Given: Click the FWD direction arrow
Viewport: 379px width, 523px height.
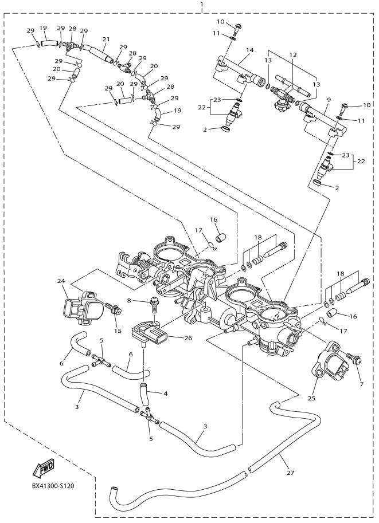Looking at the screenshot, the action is coord(43,467).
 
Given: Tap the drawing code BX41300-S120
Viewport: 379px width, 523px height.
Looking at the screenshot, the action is coord(53,486).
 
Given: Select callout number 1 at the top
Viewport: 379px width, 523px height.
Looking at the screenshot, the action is coord(201,5).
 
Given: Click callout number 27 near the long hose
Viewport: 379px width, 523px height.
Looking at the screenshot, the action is coord(291,473).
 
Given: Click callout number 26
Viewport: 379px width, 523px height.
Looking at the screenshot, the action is coord(188,338).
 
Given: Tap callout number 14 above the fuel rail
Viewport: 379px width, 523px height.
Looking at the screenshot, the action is coord(250,50).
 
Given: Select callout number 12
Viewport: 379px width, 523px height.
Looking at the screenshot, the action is coord(293,54).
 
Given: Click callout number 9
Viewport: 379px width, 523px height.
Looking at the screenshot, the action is coord(329,99).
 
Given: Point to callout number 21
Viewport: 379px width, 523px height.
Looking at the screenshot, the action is coord(106,39).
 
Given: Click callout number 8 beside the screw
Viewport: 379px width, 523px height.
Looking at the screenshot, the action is coord(129,301).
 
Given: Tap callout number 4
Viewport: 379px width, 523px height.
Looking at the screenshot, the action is coord(165,393).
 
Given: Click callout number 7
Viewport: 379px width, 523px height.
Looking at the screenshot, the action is coord(361,384).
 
